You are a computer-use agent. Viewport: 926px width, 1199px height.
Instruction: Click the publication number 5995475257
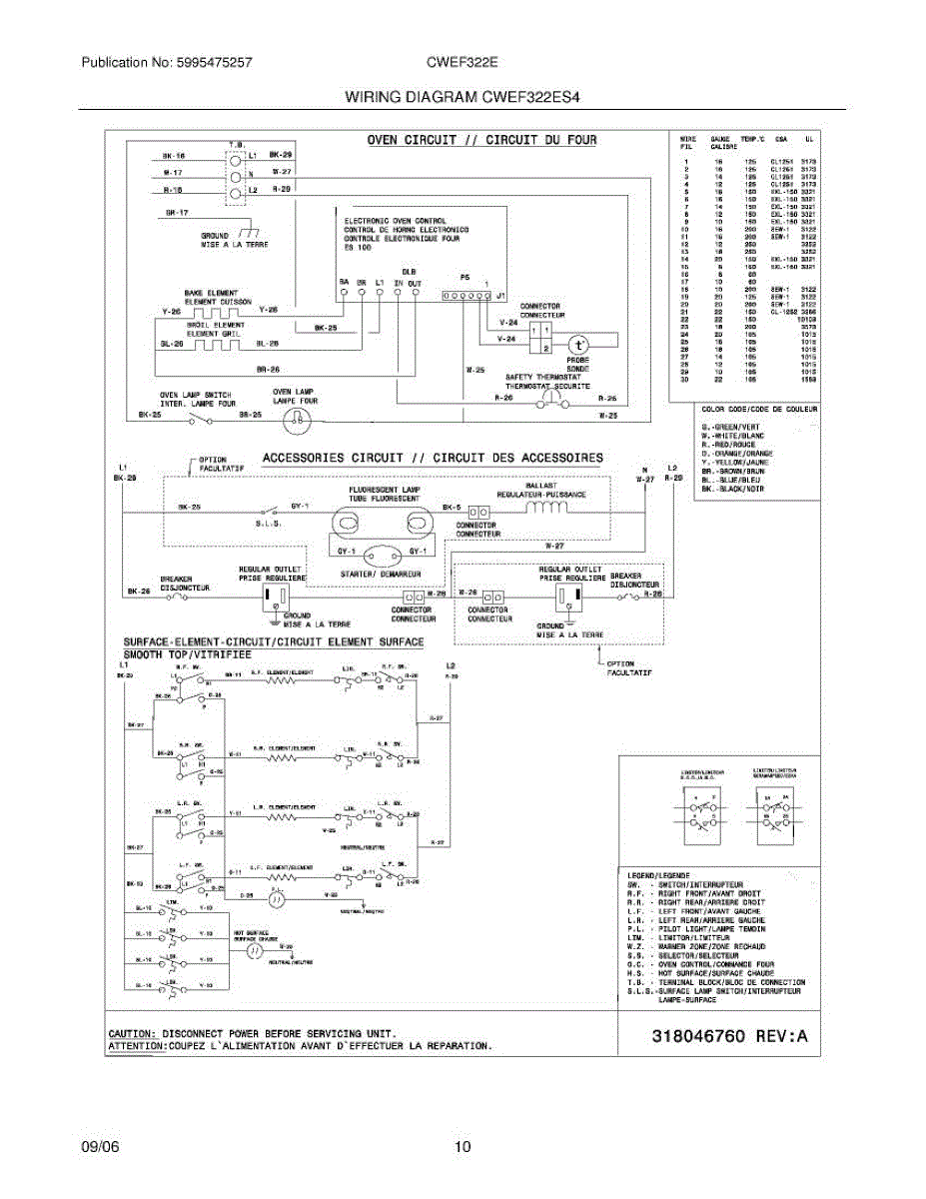(x=212, y=62)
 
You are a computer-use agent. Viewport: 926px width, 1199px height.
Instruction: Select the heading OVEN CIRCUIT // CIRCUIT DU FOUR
(x=481, y=140)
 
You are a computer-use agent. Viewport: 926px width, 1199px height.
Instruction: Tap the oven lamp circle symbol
(x=296, y=421)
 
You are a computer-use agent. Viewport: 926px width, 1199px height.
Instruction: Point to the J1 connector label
(x=499, y=296)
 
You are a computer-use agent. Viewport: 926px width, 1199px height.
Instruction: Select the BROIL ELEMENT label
(x=214, y=325)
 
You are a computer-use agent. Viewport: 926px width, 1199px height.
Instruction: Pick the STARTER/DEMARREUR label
(x=379, y=573)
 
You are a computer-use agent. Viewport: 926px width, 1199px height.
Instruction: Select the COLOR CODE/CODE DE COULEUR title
(x=759, y=410)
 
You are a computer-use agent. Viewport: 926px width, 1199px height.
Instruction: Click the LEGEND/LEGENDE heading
(x=653, y=875)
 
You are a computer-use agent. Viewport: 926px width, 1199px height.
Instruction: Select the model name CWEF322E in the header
(x=463, y=62)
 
